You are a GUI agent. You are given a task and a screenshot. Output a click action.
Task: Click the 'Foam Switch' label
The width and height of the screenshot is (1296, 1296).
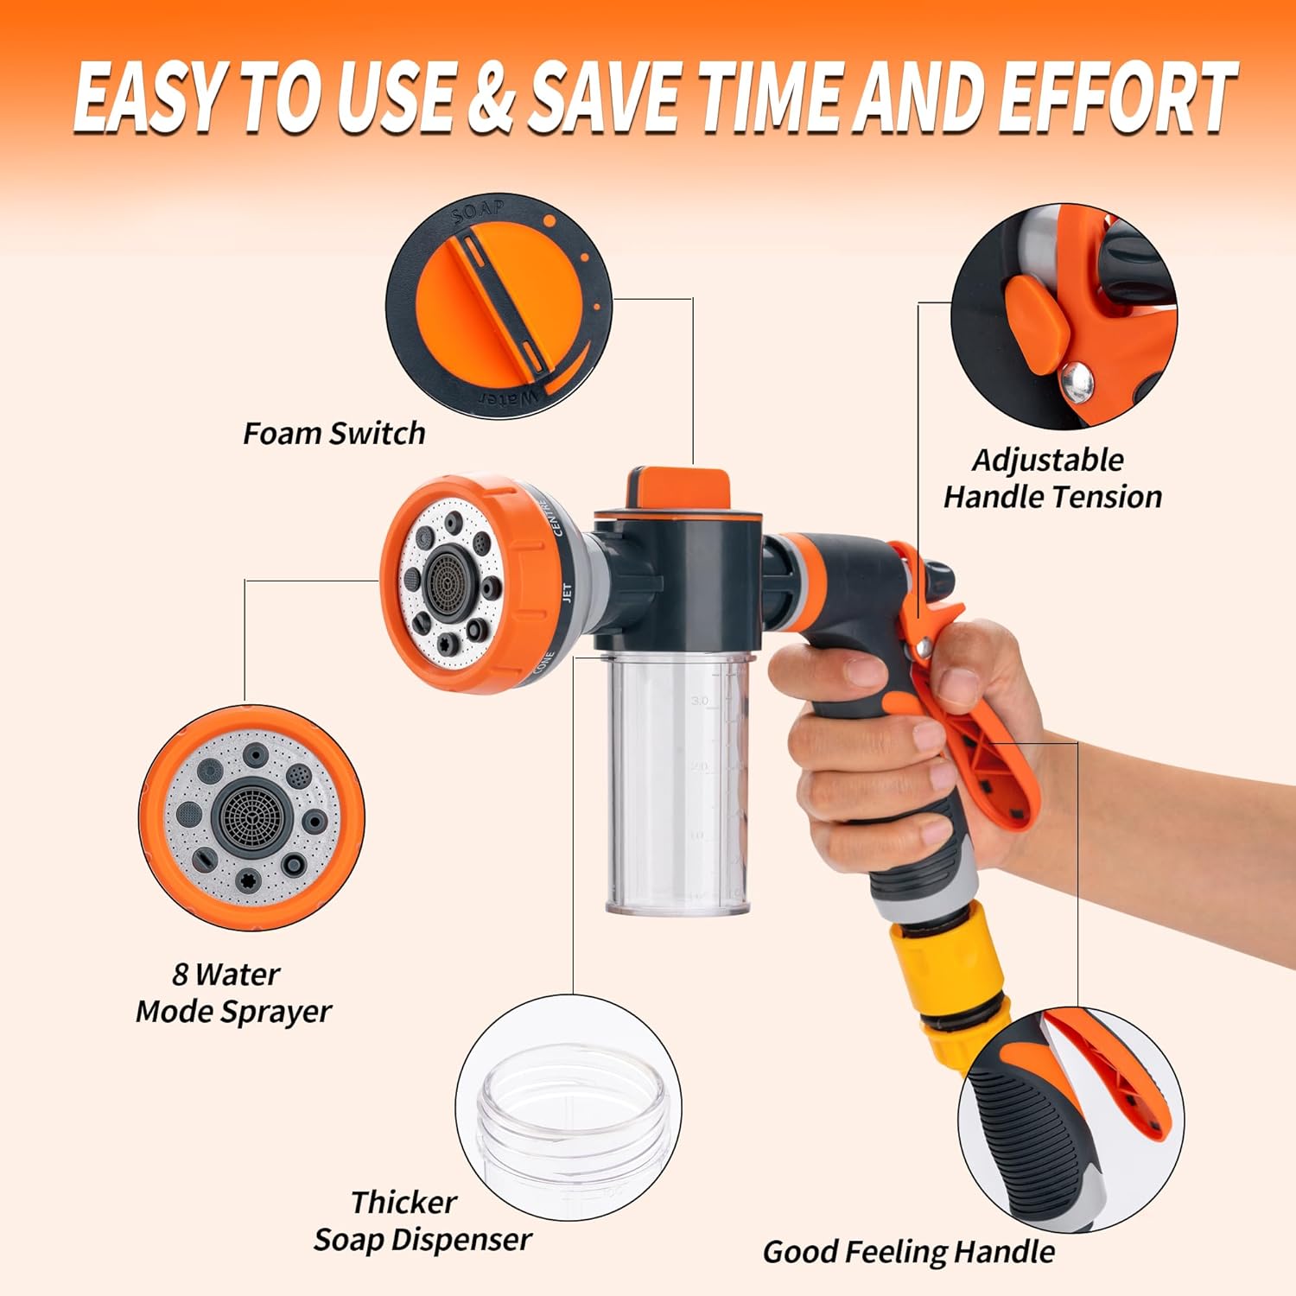pyautogui.click(x=334, y=433)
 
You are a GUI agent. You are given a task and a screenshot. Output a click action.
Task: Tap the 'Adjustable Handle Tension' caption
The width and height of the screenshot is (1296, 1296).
pyautogui.click(x=1052, y=479)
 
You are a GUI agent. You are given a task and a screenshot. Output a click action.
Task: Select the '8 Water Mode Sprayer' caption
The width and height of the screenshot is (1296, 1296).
pyautogui.click(x=233, y=993)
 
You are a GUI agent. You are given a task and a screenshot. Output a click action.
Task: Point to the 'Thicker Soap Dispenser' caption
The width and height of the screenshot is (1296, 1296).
pyautogui.click(x=422, y=1221)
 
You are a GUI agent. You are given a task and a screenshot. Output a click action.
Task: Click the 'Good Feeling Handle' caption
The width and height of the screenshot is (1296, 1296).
pyautogui.click(x=908, y=1252)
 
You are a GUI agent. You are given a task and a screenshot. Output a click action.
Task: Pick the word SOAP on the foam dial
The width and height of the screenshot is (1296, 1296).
pyautogui.click(x=480, y=211)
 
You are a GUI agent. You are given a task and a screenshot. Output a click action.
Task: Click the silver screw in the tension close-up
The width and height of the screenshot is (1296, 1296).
pyautogui.click(x=1078, y=380)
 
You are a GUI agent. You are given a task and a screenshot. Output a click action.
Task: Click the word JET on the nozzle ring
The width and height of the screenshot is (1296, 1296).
pyautogui.click(x=567, y=594)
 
